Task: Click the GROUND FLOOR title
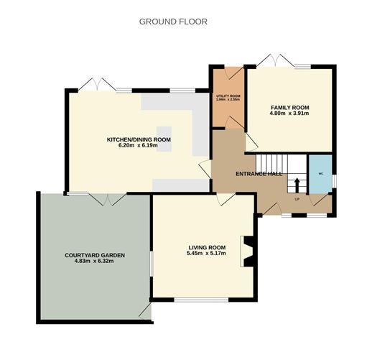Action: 173,22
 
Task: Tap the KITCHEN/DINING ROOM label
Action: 139,139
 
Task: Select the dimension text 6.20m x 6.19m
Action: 139,147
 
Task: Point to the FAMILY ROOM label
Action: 289,106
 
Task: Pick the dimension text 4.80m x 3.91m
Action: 289,114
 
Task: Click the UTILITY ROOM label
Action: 228,96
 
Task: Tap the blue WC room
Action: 320,174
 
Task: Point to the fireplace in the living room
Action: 248,252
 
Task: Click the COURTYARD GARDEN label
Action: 95,255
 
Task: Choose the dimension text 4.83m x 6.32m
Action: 95,262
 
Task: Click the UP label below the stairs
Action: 297,198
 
